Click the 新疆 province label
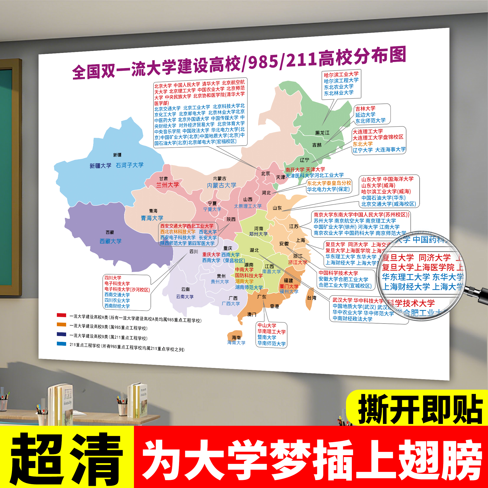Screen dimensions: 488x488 click(117, 155)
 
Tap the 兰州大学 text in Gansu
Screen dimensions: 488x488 click(167, 185)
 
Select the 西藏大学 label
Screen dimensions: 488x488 click(110, 241)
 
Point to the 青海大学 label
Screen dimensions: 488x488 click(152, 218)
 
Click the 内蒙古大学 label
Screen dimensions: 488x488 click(222, 185)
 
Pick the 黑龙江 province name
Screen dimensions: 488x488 click(322, 133)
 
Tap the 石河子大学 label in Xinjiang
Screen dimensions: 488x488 click(130, 165)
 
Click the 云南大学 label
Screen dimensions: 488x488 click(185, 297)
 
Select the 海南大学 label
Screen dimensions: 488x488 click(236, 343)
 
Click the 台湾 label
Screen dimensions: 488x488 click(312, 298)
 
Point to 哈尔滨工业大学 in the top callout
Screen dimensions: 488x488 click(341, 74)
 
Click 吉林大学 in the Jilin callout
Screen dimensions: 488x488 click(365, 109)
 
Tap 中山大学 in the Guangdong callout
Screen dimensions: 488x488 click(267, 325)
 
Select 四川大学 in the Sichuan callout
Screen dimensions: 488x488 click(113, 278)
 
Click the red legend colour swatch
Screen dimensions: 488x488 click(61, 315)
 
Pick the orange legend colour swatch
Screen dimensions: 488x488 click(61, 325)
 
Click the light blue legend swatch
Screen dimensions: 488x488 click(61, 344)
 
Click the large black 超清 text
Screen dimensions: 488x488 click(66, 458)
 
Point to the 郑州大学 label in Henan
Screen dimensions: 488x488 click(258, 234)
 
